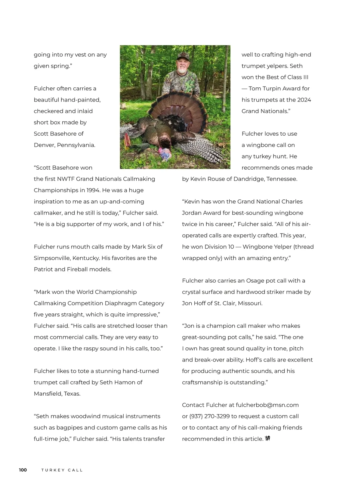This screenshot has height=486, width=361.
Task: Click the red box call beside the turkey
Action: point(127,141)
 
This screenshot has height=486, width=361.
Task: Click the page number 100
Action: point(23,470)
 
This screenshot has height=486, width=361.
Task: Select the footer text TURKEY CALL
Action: point(62,470)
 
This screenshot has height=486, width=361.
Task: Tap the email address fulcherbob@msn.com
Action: point(267,405)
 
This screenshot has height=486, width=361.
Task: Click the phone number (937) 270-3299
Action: point(209,416)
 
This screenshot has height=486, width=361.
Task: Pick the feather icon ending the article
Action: point(267,438)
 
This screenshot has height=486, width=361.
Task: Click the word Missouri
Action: point(250,303)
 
